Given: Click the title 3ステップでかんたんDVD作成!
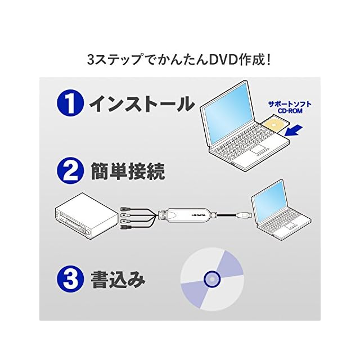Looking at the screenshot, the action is (x=180, y=59).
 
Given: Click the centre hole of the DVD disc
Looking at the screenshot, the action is (x=212, y=278).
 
